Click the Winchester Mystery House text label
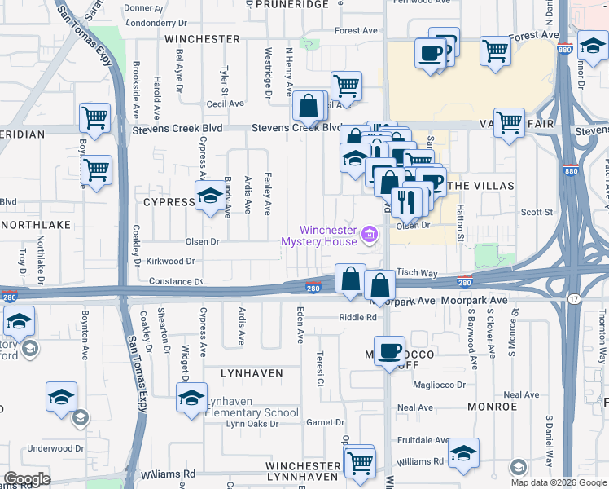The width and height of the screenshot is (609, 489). click(x=319, y=235)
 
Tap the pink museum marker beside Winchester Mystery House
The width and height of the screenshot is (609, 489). click(x=370, y=236)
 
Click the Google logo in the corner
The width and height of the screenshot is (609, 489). click(x=27, y=479)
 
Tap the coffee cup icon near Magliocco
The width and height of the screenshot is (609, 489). click(x=390, y=350)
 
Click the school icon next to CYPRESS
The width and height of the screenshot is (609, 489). click(x=209, y=196)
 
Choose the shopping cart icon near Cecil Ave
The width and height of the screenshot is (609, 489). click(x=347, y=86)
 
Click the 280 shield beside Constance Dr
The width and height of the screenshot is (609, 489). click(x=313, y=287)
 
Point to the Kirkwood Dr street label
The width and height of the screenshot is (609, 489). click(x=170, y=262)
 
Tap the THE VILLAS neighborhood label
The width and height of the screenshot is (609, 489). click(x=482, y=186)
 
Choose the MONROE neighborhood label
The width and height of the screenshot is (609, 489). click(x=493, y=406)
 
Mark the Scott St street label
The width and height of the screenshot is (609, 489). click(x=537, y=213)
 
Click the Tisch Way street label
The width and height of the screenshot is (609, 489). click(x=417, y=274)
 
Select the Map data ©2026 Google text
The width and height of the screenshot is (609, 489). click(x=558, y=482)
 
